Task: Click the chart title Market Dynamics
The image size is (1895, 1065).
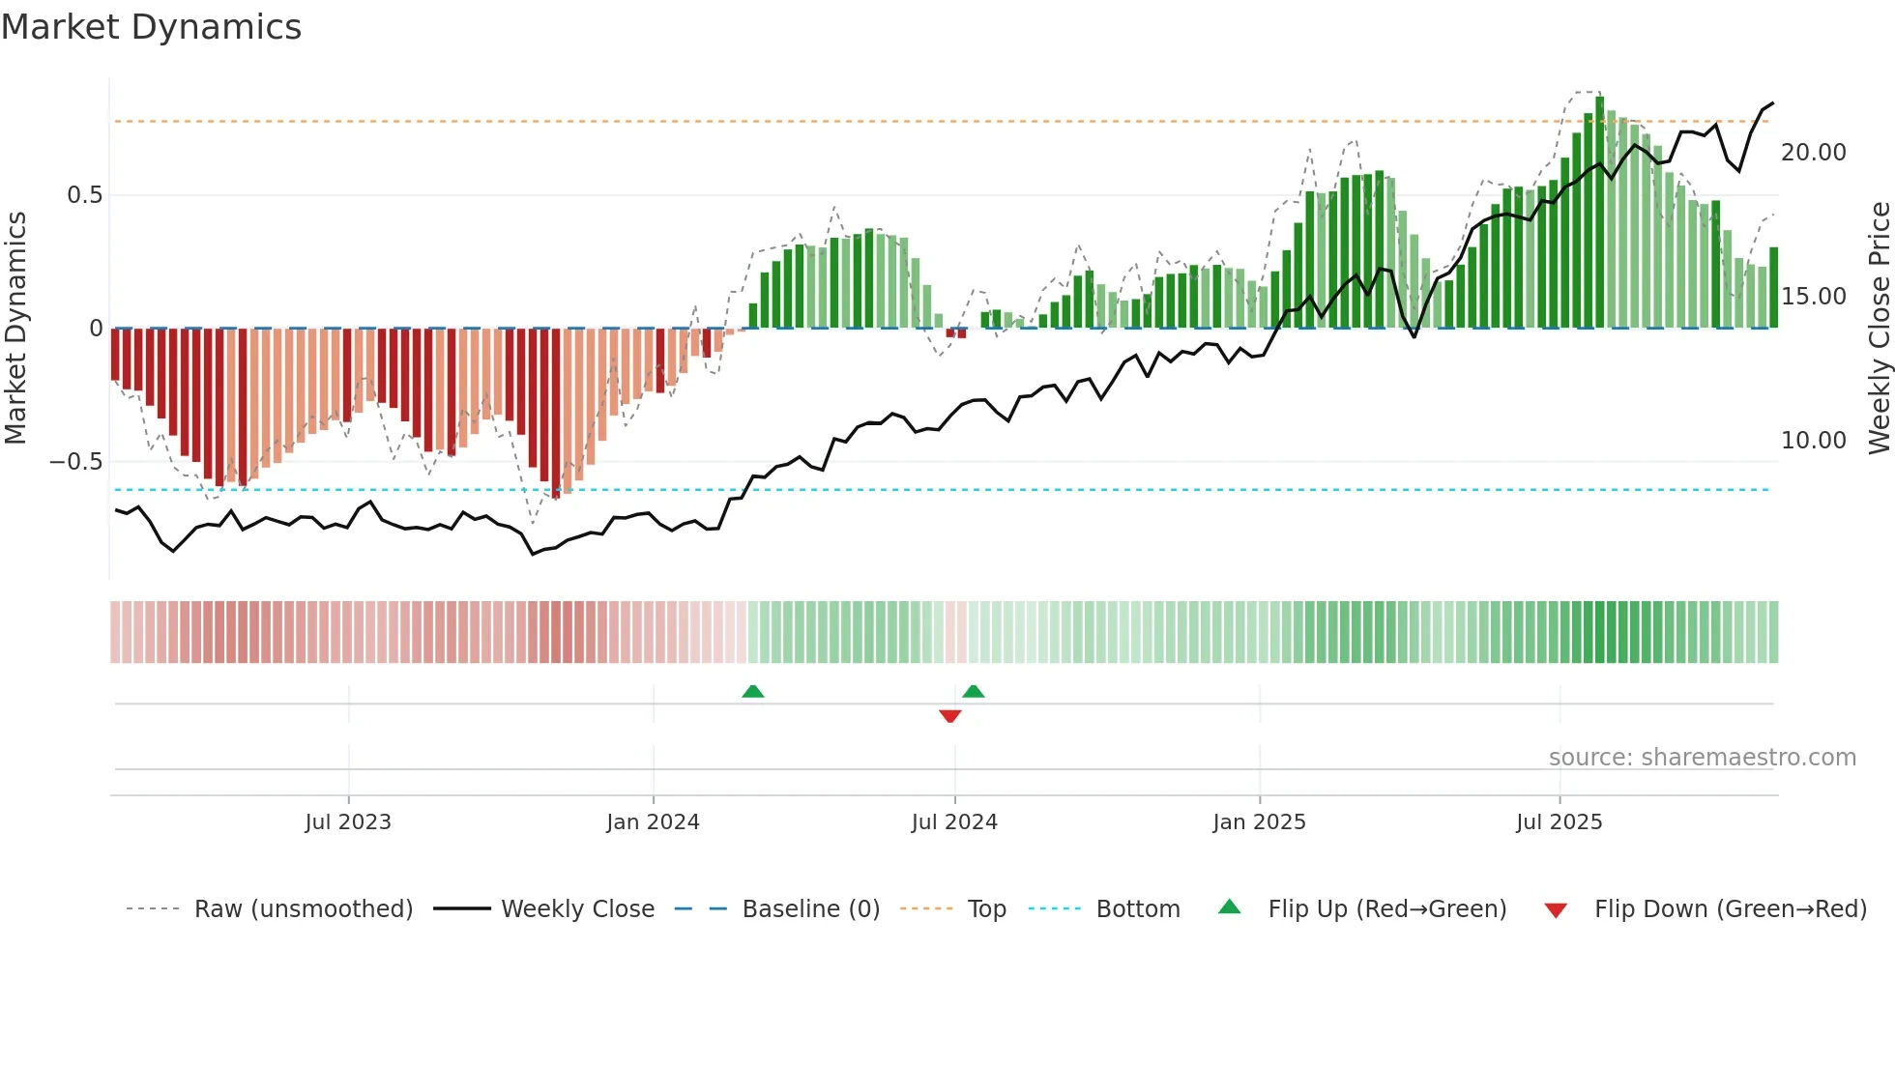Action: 151,27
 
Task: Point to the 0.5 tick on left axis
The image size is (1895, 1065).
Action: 84,195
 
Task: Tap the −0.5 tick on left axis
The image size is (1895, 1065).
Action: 76,462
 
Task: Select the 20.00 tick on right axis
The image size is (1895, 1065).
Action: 1813,153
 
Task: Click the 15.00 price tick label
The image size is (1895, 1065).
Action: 1813,297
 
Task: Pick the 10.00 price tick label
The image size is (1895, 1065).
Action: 1813,441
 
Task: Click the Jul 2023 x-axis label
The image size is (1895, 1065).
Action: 348,822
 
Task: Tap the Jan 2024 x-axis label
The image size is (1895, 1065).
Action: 653,822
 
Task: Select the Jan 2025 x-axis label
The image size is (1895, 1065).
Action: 1259,822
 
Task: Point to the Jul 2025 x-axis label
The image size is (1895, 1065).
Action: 1559,822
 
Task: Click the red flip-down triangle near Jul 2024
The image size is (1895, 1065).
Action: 949,716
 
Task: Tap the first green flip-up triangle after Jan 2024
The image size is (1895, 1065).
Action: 752,691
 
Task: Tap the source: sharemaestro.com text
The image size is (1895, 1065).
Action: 1702,758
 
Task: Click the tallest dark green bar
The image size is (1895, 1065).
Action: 1599,213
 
